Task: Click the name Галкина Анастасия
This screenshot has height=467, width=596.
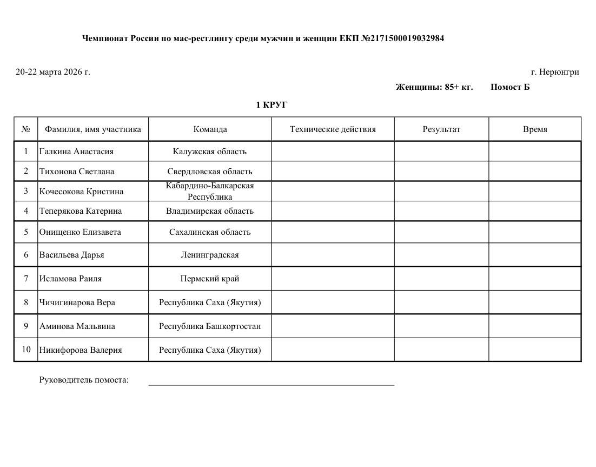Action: pyautogui.click(x=76, y=152)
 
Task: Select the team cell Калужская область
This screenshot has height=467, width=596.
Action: pyautogui.click(x=210, y=152)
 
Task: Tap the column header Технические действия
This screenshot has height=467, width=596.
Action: pyautogui.click(x=333, y=129)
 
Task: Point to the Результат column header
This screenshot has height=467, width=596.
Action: pyautogui.click(x=441, y=129)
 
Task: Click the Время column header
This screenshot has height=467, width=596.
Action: pyautogui.click(x=535, y=129)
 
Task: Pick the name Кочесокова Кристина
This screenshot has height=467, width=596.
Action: pyautogui.click(x=81, y=192)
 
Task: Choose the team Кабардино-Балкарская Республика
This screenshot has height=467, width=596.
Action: pyautogui.click(x=210, y=191)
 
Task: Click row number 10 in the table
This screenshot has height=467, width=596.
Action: pyautogui.click(x=26, y=350)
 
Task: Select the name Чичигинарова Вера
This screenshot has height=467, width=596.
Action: pyautogui.click(x=77, y=302)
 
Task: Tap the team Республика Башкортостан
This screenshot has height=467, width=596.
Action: pyautogui.click(x=210, y=326)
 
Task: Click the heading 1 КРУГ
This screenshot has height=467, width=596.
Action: pyautogui.click(x=271, y=105)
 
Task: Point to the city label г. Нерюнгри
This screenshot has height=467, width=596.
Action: pyautogui.click(x=555, y=72)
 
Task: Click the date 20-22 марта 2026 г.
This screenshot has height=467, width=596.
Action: pyautogui.click(x=53, y=72)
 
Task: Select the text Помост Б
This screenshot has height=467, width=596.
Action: pyautogui.click(x=510, y=87)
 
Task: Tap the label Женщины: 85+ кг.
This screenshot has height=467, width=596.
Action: pyautogui.click(x=434, y=87)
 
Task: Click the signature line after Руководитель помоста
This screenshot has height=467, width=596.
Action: pyautogui.click(x=271, y=384)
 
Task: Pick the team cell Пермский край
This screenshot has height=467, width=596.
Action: pyautogui.click(x=210, y=279)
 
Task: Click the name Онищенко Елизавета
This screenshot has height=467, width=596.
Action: pyautogui.click(x=80, y=232)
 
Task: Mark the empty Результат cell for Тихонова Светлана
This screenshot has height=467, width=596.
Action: pyautogui.click(x=441, y=172)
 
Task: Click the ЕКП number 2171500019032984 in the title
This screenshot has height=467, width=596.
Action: pyautogui.click(x=407, y=38)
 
